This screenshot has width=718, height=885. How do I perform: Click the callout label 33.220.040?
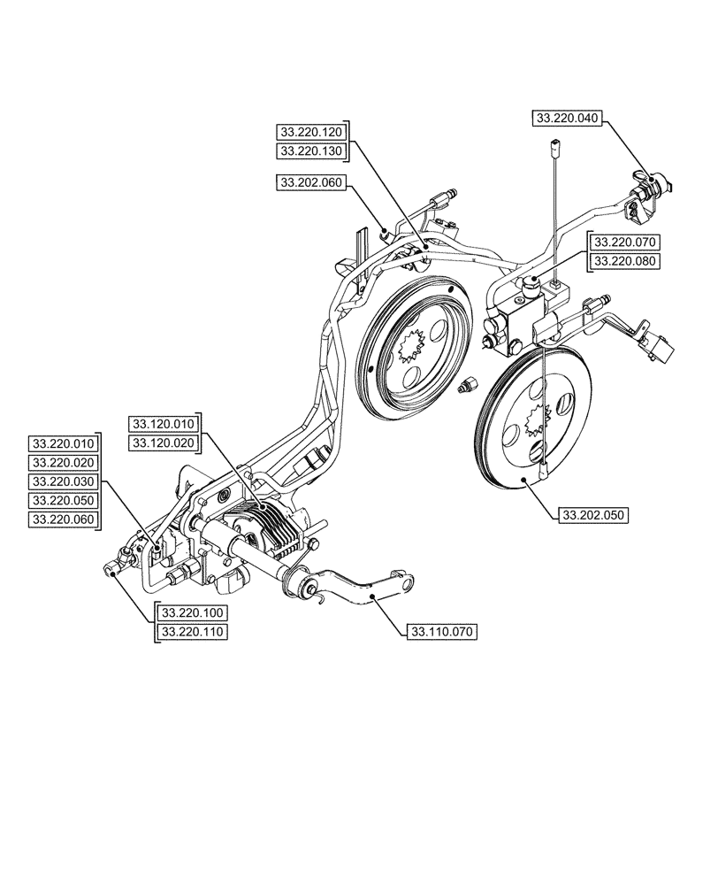[x=567, y=117]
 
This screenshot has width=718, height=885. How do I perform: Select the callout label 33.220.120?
[x=310, y=131]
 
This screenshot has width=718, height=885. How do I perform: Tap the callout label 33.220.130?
[x=310, y=151]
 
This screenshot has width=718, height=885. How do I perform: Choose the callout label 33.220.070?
[x=625, y=241]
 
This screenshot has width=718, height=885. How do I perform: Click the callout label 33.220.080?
[x=625, y=261]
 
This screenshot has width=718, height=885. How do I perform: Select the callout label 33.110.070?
[x=440, y=632]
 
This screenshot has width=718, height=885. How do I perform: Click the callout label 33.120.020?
[x=164, y=442]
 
